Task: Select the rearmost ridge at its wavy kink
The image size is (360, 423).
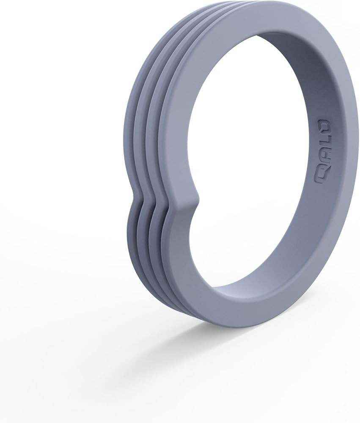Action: [x=135, y=199]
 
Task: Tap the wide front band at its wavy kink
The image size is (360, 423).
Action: [x=178, y=207]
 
